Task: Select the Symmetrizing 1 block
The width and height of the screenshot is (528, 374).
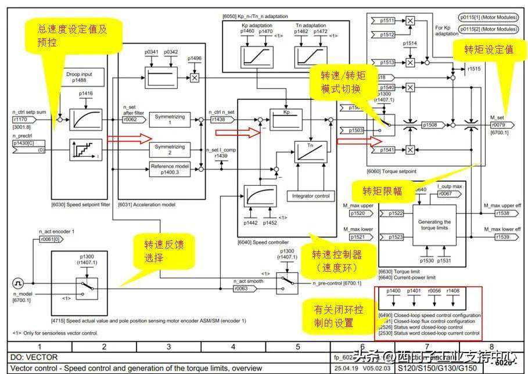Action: tap(170, 120)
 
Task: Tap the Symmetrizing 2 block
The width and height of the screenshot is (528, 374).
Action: tap(170, 149)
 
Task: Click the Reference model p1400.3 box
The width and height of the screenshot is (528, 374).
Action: tap(170, 168)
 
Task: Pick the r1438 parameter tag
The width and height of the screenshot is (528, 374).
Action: tap(218, 120)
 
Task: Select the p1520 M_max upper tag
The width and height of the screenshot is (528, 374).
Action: tap(358, 214)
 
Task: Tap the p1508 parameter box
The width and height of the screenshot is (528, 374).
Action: tap(430, 124)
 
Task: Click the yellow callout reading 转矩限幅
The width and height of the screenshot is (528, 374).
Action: tap(382, 191)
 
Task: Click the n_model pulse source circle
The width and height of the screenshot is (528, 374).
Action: tap(18, 283)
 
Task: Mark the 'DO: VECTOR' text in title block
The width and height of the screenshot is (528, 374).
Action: tap(34, 357)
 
